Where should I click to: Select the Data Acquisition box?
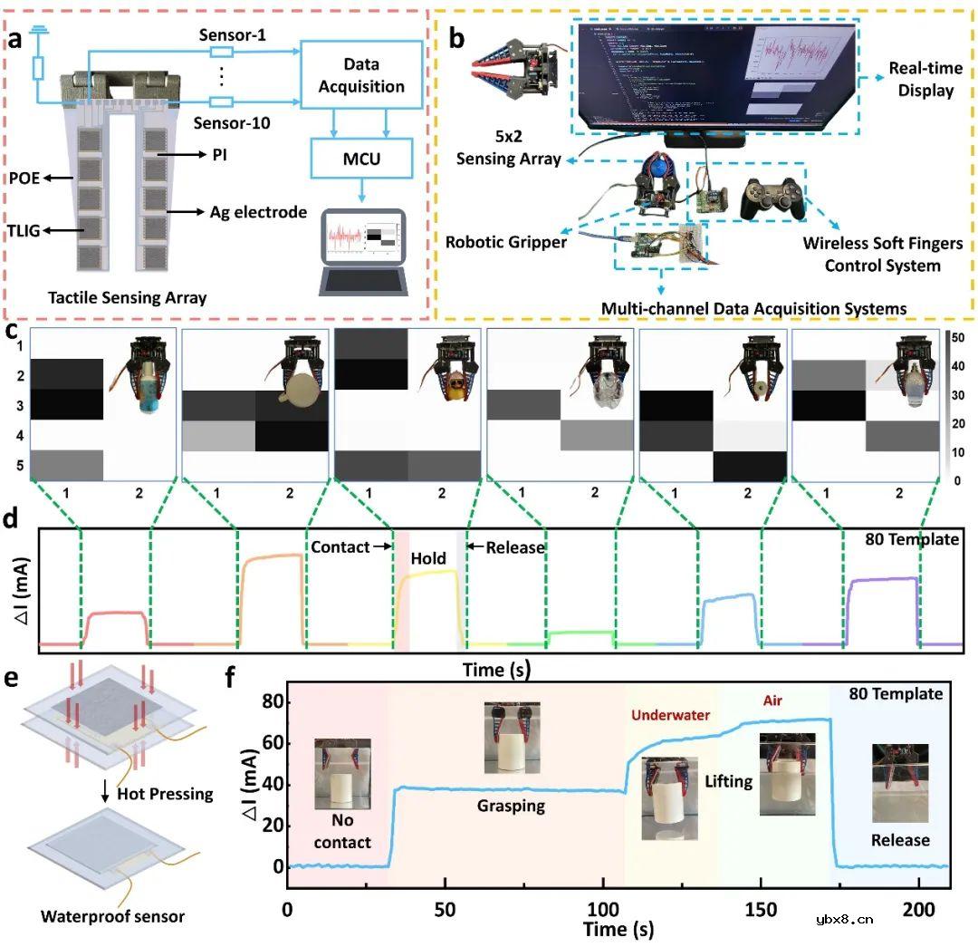[362, 76]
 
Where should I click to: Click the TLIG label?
[25, 230]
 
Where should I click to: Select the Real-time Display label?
[920, 80]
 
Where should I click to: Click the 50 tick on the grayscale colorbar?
[957, 337]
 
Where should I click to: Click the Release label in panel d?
[515, 547]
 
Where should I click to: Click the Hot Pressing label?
[168, 794]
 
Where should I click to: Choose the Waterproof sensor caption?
[112, 916]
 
